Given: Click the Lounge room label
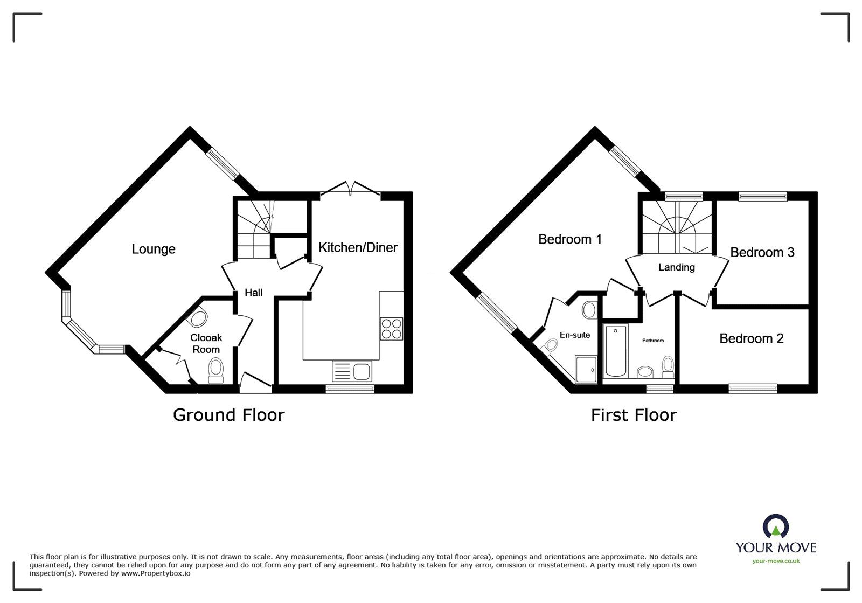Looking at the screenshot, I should (154, 249).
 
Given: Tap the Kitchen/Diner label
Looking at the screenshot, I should (358, 247).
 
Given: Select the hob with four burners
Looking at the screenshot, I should (391, 328).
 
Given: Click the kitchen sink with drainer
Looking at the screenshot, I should (351, 371).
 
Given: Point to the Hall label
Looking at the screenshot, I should (253, 292).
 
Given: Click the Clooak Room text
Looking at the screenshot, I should (206, 344).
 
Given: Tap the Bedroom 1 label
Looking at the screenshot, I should (570, 239).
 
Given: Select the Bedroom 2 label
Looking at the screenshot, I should (751, 338).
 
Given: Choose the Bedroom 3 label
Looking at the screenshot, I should (762, 252).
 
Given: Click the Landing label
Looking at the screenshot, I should (676, 267).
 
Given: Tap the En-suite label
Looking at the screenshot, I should (575, 335).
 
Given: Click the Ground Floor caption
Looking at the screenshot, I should (228, 414).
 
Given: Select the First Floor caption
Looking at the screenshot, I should (634, 414).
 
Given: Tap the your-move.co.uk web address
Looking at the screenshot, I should (776, 562).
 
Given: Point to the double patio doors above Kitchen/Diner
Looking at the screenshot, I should (350, 189).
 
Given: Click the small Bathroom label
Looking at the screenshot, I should (652, 341).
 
